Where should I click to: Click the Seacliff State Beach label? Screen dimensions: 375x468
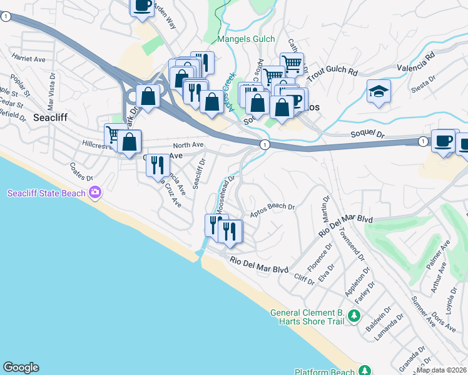(46, 193)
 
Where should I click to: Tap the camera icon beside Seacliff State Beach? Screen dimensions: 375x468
(95, 192)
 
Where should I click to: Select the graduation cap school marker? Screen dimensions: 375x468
(379, 91)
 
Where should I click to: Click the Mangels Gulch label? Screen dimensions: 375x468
(246, 39)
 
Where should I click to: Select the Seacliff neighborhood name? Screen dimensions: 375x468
(50, 117)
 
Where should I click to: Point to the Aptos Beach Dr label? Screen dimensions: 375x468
(272, 209)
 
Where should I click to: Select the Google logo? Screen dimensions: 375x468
(21, 367)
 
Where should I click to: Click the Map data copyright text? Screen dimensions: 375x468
(442, 370)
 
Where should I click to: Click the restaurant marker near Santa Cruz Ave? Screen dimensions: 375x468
(157, 165)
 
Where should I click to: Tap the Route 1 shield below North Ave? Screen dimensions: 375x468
(265, 145)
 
